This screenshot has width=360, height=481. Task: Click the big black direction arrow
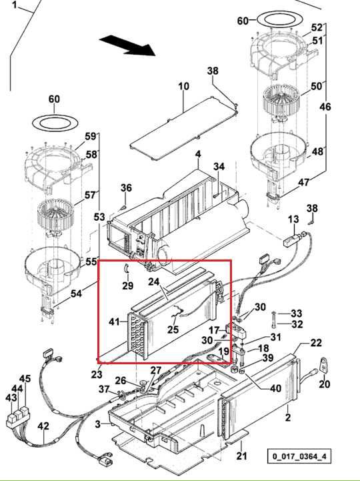point(127,46)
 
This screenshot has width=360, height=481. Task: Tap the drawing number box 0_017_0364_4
point(299,456)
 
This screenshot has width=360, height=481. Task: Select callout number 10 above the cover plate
point(184,86)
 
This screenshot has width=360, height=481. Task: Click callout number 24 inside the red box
point(154,282)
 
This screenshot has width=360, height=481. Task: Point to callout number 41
point(114,322)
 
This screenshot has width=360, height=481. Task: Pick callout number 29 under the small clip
point(127,286)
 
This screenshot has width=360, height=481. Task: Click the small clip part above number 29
point(126,268)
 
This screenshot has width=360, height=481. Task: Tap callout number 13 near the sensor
point(293,219)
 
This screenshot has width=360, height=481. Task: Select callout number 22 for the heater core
point(316,343)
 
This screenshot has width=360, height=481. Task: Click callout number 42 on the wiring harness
point(43,426)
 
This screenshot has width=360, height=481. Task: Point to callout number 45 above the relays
point(25,378)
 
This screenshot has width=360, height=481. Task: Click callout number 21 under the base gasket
point(241,456)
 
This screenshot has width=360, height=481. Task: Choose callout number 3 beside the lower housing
point(97,424)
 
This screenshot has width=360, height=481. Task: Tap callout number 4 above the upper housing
point(198,154)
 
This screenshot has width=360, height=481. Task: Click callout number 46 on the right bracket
point(325,107)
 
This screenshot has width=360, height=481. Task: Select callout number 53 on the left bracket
point(99,217)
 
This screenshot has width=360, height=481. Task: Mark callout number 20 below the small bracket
point(325,384)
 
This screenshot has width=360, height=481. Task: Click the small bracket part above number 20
point(325,365)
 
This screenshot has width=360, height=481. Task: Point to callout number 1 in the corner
point(15,5)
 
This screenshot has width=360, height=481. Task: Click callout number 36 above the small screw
point(126,187)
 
